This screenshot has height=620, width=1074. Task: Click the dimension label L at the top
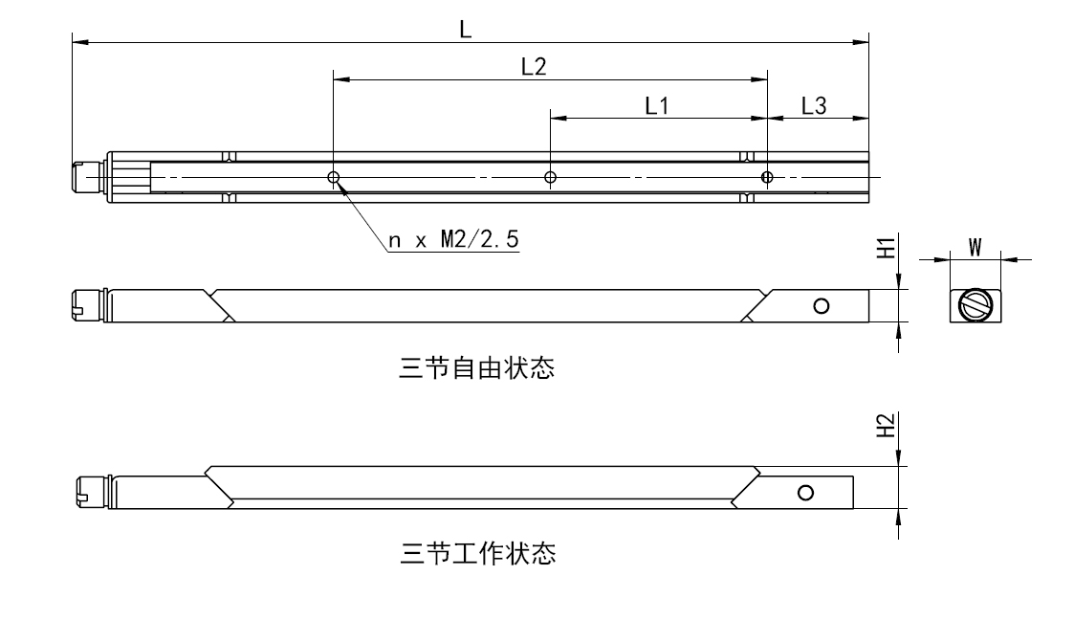(465, 29)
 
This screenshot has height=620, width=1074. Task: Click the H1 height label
(887, 248)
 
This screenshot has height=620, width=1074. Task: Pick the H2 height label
(887, 425)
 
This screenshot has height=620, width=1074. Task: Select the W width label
(975, 247)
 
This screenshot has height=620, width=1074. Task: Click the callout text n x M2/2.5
(454, 240)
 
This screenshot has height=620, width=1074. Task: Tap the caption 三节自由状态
(476, 368)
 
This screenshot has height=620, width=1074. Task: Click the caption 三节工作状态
(476, 553)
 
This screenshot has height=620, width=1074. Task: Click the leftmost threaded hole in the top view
(333, 177)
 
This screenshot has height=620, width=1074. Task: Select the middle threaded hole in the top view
(550, 177)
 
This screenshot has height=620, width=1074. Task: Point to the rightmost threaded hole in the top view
(766, 177)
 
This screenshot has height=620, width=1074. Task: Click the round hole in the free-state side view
(821, 306)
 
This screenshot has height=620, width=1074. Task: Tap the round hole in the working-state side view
(805, 492)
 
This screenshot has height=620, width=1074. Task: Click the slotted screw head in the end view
(975, 306)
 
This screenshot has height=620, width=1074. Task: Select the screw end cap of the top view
(85, 177)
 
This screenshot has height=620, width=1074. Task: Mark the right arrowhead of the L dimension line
(861, 42)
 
